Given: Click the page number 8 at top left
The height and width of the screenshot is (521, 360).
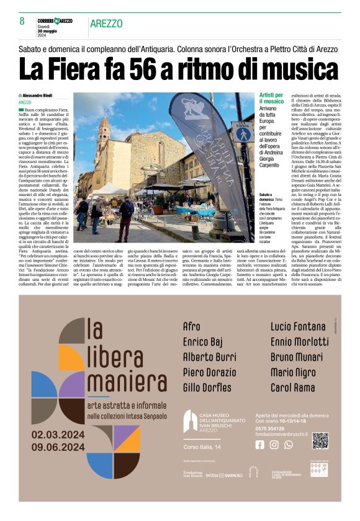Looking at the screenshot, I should point(22,20).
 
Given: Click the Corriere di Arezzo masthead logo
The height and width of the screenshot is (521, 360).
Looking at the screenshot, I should point(56,21).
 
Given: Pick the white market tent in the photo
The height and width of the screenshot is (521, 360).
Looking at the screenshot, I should point(110,188).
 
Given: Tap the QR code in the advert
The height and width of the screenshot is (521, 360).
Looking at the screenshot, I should point(320,440).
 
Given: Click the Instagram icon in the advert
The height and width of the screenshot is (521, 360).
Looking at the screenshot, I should point(274,444).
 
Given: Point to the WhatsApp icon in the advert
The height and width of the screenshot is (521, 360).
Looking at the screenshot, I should point(288,444).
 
